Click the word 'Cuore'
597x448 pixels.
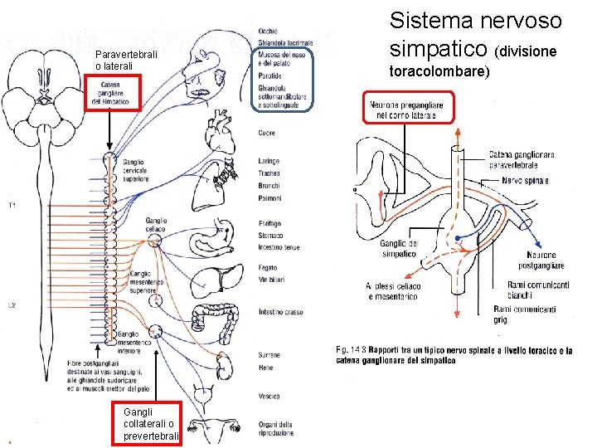pyautogui.click(x=266, y=133)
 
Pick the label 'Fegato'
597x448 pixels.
pyautogui.click(x=268, y=268)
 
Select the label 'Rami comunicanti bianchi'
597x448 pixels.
pyautogui.click(x=538, y=290)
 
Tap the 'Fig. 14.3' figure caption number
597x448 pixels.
pyautogui.click(x=349, y=350)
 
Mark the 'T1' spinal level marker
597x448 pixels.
pyautogui.click(x=12, y=204)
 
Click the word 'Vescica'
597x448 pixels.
pyautogui.click(x=268, y=396)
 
